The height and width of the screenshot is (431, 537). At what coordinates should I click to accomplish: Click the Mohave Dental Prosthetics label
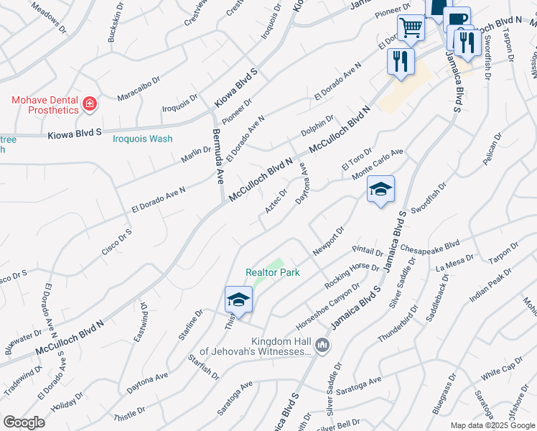45,105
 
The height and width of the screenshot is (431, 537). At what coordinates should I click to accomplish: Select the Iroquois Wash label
142,139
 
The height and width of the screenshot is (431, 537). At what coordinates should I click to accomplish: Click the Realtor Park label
272,272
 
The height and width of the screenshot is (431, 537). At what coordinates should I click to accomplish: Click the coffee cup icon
456,20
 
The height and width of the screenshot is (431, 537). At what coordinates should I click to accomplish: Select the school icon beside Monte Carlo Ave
380,190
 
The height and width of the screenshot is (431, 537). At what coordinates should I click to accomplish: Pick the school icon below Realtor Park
238,300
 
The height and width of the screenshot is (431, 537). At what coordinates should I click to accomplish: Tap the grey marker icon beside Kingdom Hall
322,346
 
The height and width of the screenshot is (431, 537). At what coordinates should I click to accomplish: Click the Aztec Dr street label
276,200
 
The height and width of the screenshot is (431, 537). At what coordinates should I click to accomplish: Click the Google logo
24,422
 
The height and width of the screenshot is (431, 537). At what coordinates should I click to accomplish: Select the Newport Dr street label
329,241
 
